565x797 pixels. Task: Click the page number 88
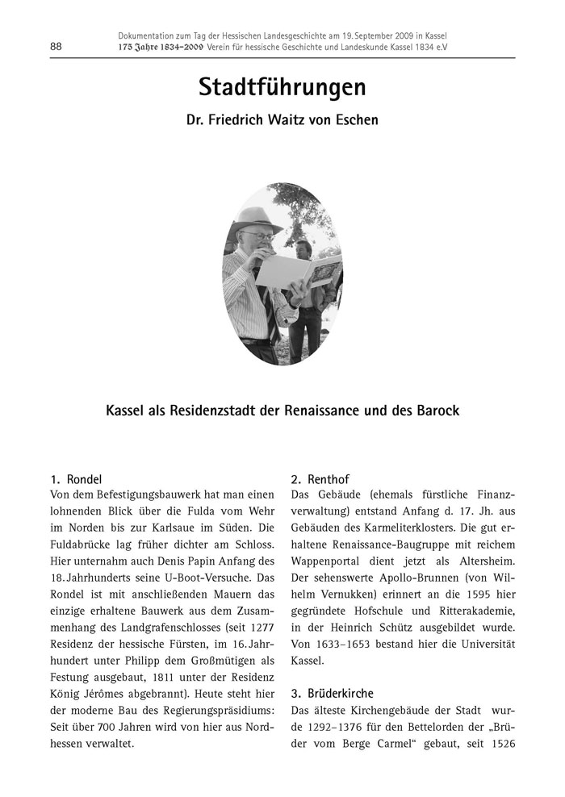56,46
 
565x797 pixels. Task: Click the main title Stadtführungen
282,87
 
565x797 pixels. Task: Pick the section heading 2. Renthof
320,478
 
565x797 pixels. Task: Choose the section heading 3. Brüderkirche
332,692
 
